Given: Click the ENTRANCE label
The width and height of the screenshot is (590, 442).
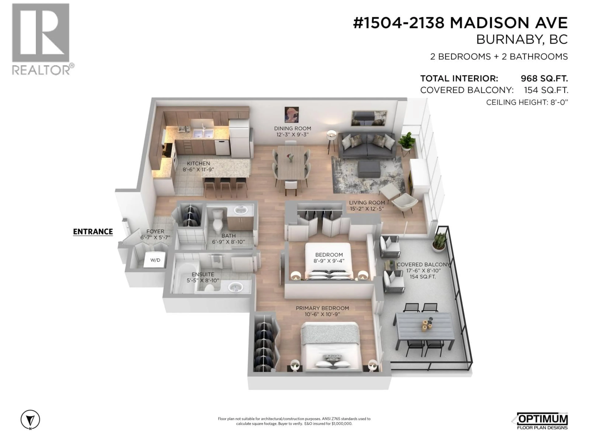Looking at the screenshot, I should (x=93, y=232).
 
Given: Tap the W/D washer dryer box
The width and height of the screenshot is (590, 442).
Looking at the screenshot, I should (x=155, y=260).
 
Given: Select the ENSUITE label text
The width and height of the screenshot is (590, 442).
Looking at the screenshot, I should (x=203, y=274).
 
